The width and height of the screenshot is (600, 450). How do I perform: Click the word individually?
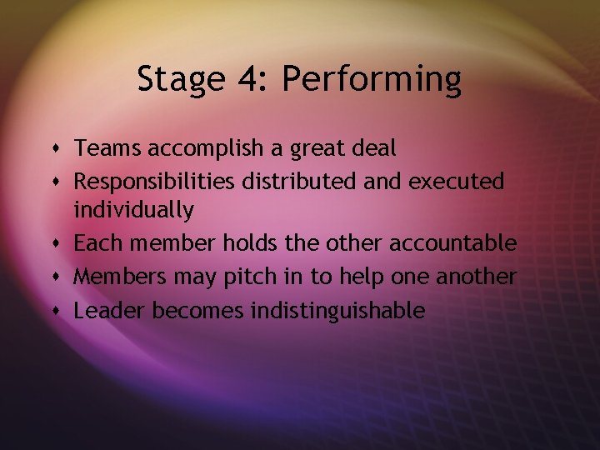click(x=134, y=211)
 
